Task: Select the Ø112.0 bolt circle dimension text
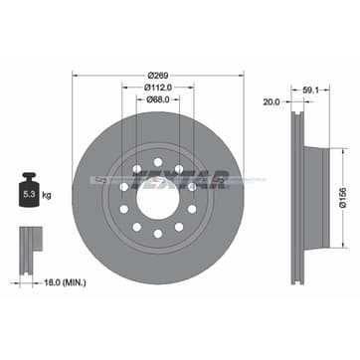pos(158,85)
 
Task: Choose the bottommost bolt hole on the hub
pos(158,235)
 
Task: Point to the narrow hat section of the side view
pos(316,179)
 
